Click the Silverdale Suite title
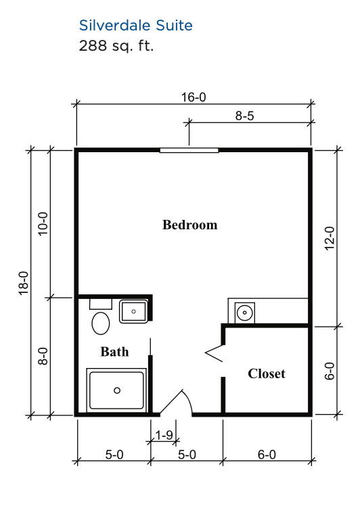[x=135, y=25]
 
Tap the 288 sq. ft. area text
[x=116, y=45]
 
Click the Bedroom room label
[x=190, y=225]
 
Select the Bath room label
[x=114, y=351]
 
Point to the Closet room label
[x=267, y=373]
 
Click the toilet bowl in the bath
[x=101, y=323]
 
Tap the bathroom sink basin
[x=134, y=311]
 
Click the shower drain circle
[x=117, y=390]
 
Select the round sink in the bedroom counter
[x=244, y=313]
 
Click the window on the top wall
[x=189, y=150]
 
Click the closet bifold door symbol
[x=214, y=353]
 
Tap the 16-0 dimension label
[x=194, y=97]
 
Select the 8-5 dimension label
[x=245, y=116]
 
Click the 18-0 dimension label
[x=24, y=283]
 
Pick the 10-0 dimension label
[x=43, y=224]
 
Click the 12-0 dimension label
[x=330, y=238]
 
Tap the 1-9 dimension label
[x=164, y=436]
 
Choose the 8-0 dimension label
[x=43, y=356]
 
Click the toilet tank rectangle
[x=101, y=304]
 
